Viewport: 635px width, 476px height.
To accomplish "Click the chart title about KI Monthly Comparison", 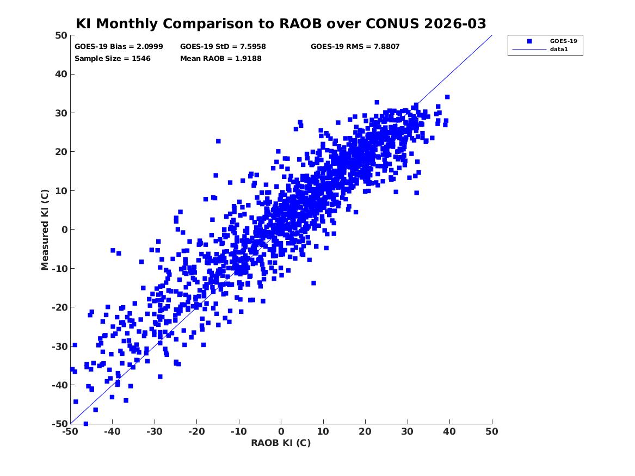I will point(281,24).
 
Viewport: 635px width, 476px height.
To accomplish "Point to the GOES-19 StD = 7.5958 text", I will point(223,47).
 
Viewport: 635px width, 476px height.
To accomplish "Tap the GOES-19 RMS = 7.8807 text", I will point(355,47).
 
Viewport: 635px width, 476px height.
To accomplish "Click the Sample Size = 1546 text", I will point(113,58).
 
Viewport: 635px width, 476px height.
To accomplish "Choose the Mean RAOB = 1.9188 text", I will point(221,58).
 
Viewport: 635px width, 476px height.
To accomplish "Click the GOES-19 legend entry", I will point(563,41).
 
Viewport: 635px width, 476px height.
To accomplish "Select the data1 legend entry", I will point(559,50).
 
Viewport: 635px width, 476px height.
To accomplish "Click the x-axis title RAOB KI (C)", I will point(281,443).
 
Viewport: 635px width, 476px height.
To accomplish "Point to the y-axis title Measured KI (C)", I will point(46,230).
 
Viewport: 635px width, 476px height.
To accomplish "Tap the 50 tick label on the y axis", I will point(60,35).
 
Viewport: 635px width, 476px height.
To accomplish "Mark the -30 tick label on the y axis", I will point(58,346).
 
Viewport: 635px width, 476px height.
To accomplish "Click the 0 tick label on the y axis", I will point(64,230).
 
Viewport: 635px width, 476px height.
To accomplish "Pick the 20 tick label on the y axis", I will point(60,152).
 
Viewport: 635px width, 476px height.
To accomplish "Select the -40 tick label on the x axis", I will point(112,431).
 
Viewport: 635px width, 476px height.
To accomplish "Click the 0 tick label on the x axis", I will point(281,431).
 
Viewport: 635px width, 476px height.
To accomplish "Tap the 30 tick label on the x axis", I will point(408,431).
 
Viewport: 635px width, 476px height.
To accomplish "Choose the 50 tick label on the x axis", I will point(492,431).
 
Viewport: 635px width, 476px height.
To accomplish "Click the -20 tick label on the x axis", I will point(196,431).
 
